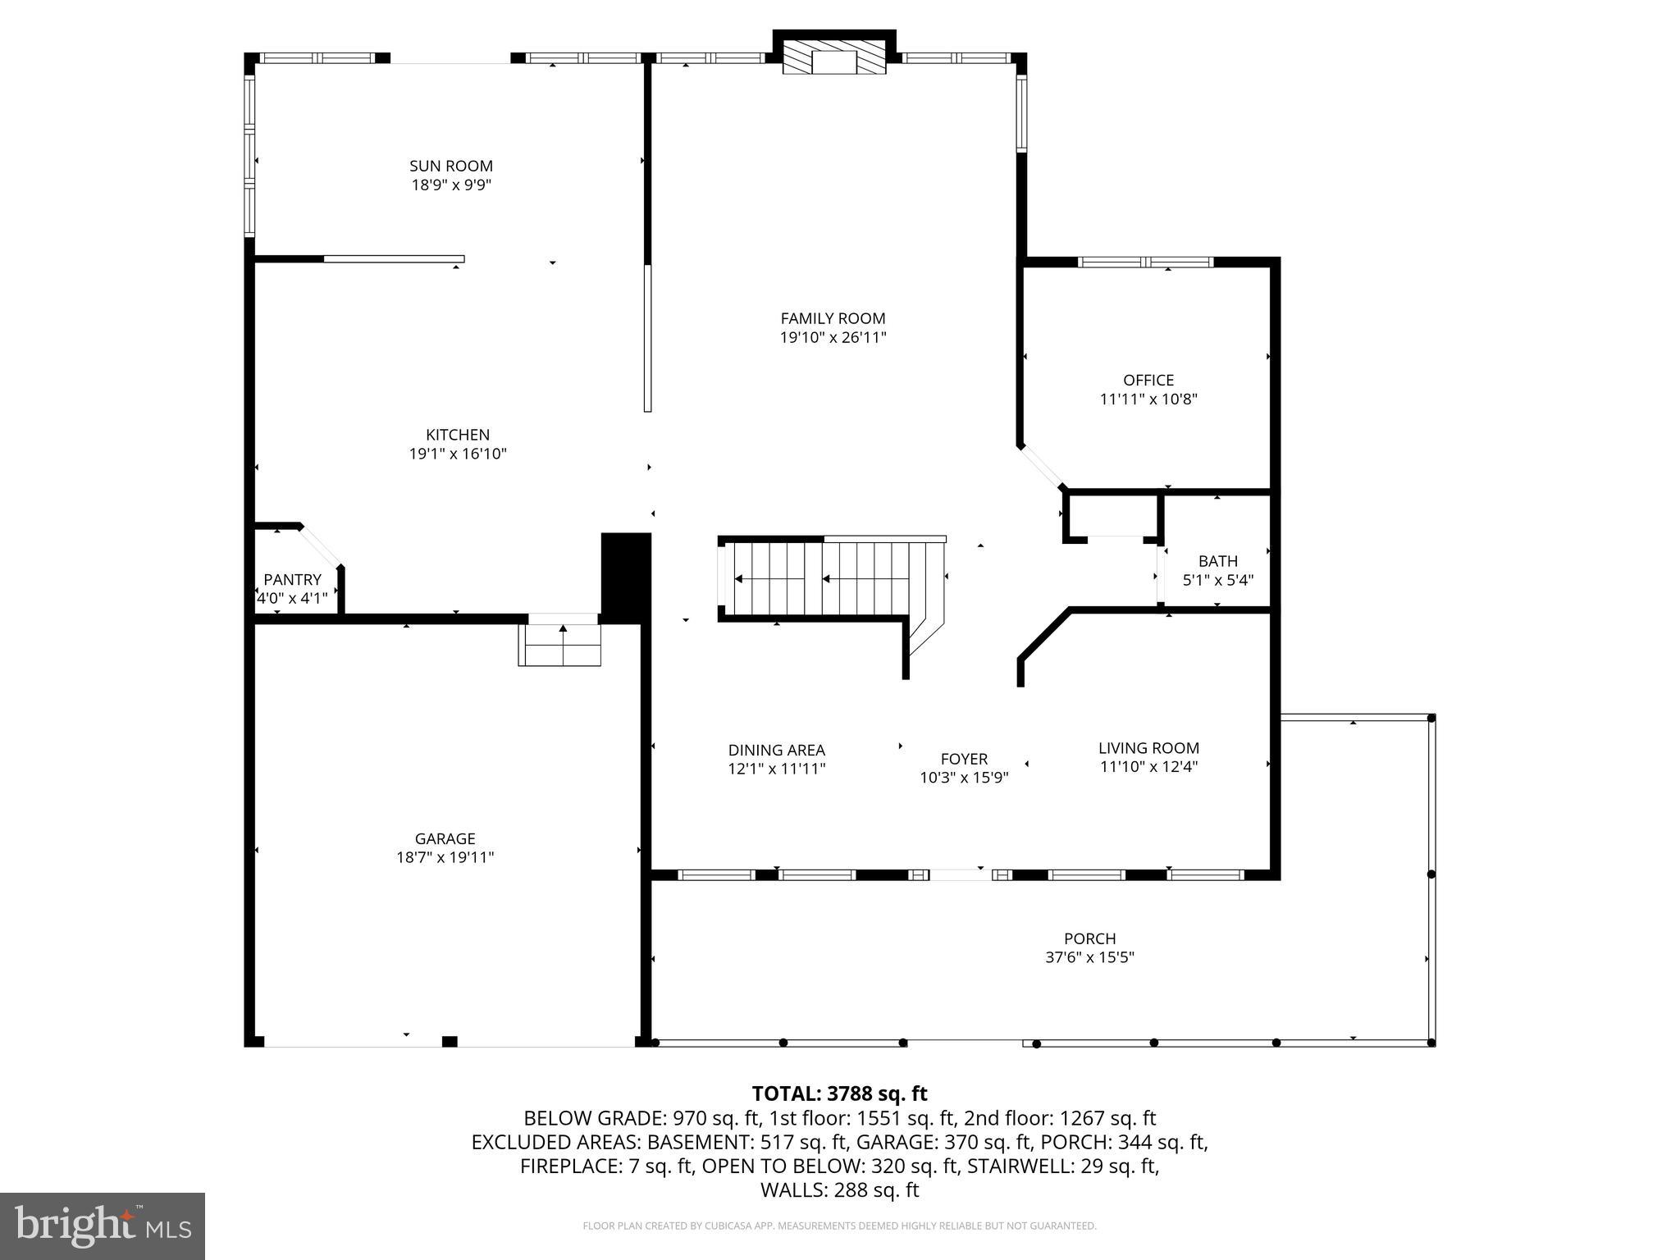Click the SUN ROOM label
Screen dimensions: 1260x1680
pos(451,167)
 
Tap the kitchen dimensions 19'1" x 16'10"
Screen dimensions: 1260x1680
pos(458,454)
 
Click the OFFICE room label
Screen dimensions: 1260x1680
pos(1148,381)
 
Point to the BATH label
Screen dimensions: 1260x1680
pos(1217,562)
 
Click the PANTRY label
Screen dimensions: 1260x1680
pos(292,580)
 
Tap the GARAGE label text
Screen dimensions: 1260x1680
pos(445,838)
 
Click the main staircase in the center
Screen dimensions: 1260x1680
pos(829,578)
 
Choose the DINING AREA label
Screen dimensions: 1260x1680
pos(776,751)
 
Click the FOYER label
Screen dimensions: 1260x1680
pos(964,760)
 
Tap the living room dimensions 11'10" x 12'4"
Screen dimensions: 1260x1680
pos(1148,767)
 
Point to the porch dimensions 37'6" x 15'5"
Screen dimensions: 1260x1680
pos(1089,957)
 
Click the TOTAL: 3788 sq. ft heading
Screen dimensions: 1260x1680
pos(839,1093)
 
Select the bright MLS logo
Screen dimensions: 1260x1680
pos(103,1226)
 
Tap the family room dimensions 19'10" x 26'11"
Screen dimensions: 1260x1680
pos(833,337)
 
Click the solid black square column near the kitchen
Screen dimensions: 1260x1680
pos(626,574)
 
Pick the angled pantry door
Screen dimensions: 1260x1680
pos(321,545)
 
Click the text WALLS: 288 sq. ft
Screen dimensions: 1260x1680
pos(839,1189)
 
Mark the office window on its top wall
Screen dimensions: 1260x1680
pos(1145,262)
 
